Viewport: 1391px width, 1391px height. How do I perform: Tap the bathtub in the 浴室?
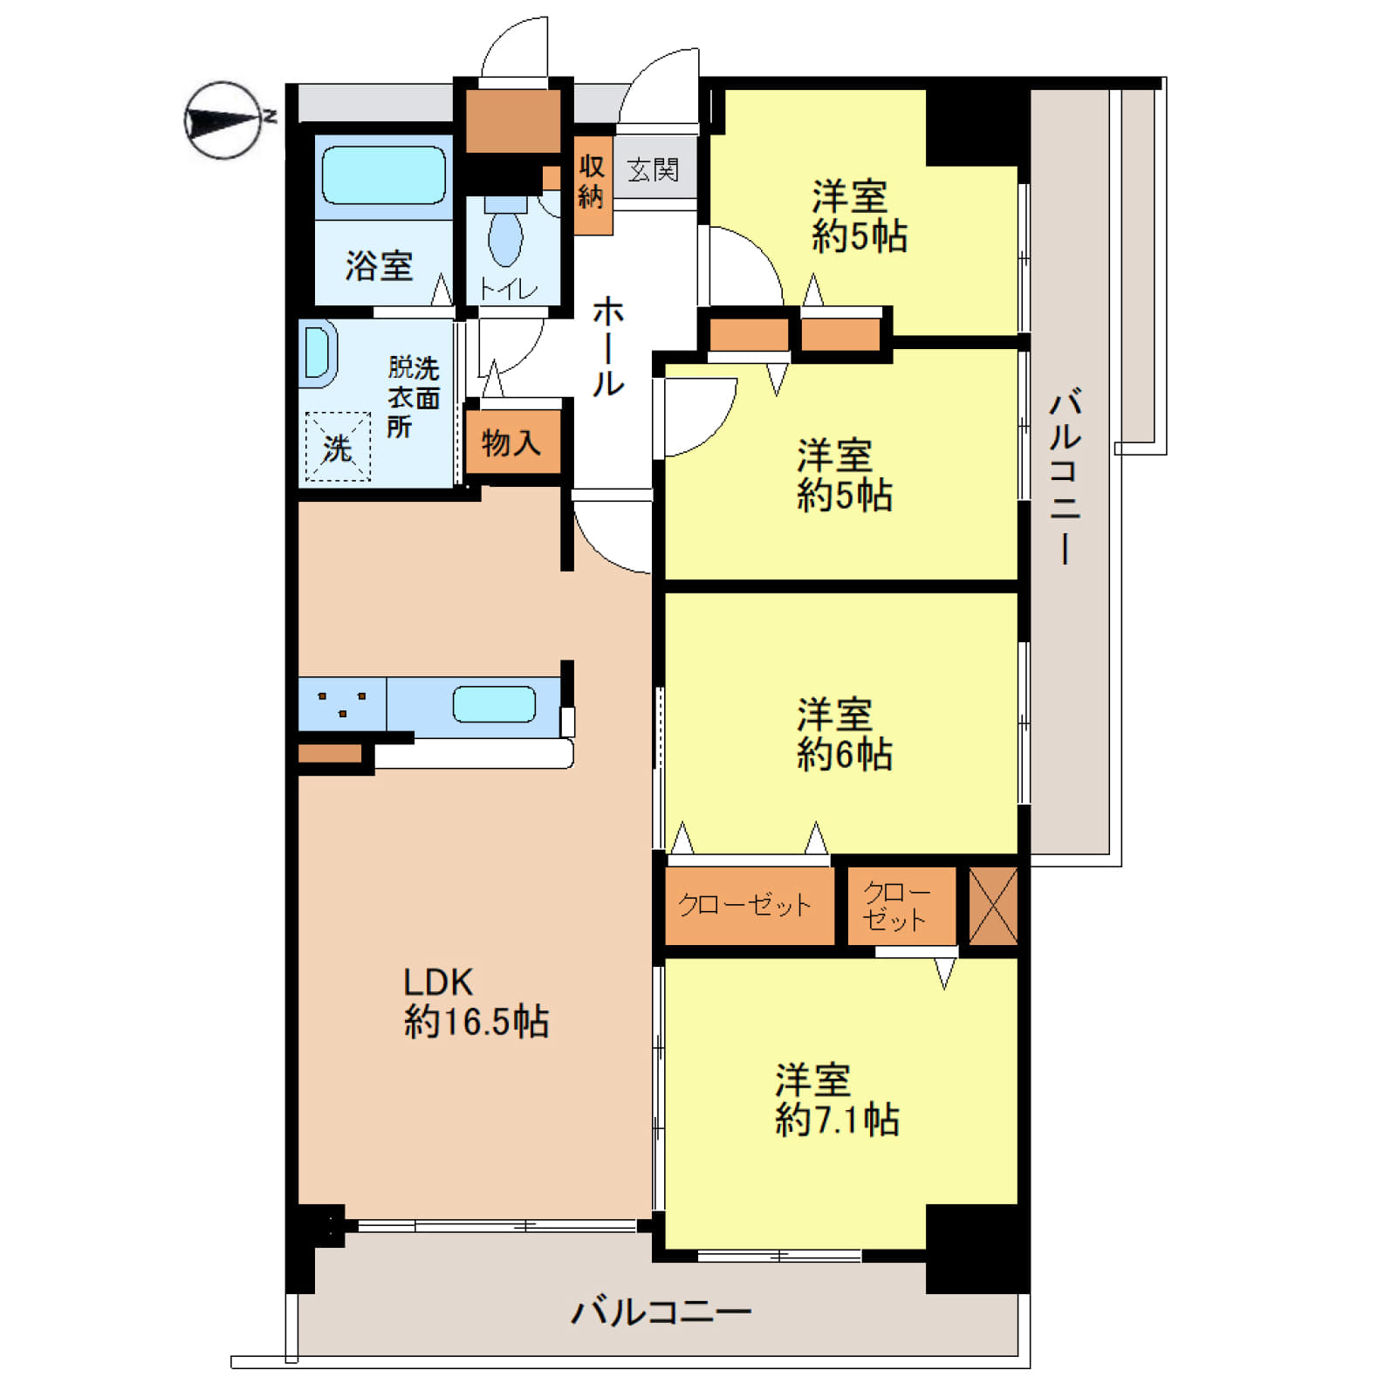tap(384, 175)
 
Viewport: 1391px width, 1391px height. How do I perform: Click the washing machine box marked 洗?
tap(338, 446)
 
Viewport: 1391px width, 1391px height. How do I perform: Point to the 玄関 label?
tap(654, 169)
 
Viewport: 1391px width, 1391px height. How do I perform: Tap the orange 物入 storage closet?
tap(512, 442)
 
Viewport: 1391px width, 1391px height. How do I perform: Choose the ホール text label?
tap(608, 346)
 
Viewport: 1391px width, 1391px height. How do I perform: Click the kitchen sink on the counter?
tap(494, 704)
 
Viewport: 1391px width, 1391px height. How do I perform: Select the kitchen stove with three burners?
tap(342, 703)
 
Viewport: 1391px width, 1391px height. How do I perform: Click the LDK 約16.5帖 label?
tap(476, 1003)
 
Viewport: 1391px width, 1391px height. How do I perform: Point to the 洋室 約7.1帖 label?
tap(837, 1100)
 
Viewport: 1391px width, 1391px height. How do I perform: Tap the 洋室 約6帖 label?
tap(844, 735)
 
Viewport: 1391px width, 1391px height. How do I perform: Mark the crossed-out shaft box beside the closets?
tap(993, 905)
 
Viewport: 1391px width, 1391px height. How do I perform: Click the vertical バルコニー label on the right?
tap(1066, 476)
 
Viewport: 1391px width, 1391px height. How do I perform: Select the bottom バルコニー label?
tap(661, 1312)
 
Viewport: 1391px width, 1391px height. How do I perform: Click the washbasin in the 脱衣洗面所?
tap(318, 353)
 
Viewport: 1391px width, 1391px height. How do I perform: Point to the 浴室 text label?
tap(379, 265)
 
